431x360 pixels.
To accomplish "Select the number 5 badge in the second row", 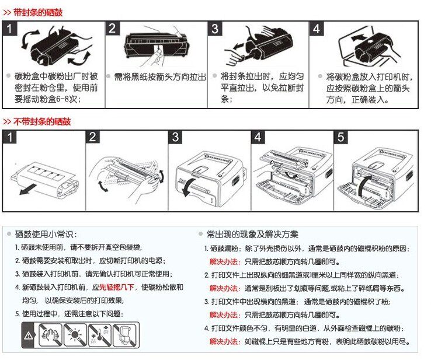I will click(x=342, y=138).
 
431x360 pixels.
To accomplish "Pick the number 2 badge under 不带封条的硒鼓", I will click(x=93, y=138).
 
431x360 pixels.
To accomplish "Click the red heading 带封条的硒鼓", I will click(x=37, y=12).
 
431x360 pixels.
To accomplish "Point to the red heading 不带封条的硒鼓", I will click(x=41, y=121).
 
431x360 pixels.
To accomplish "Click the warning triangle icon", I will click(x=29, y=335).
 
